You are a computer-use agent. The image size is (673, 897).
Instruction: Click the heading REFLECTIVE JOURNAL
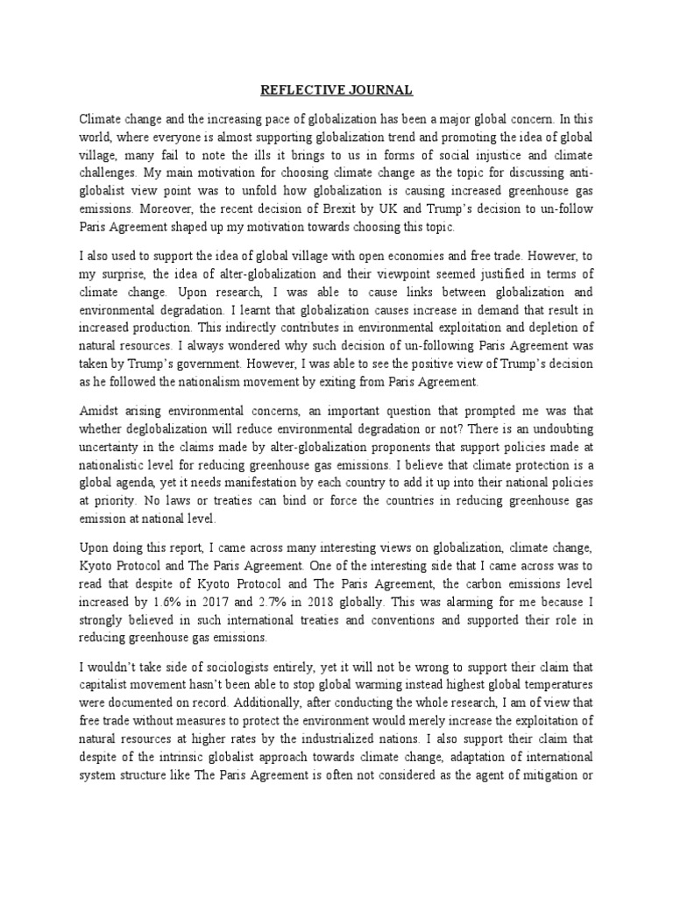[x=336, y=90]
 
